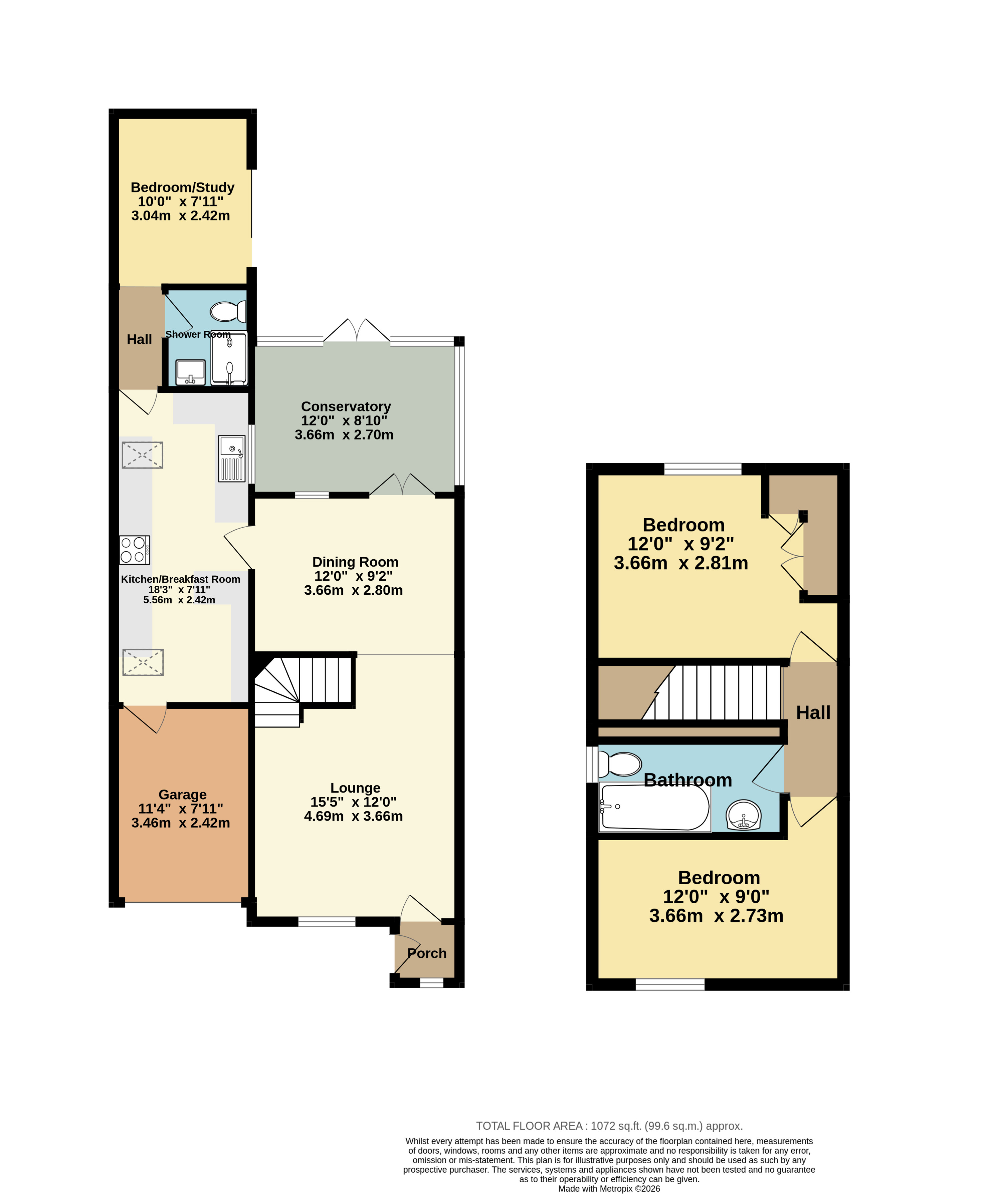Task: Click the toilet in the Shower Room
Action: (228, 311)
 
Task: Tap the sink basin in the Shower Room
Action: (190, 372)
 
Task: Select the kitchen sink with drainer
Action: (232, 459)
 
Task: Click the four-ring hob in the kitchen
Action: (135, 550)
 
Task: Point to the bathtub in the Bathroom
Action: (654, 807)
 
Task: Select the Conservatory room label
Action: (346, 407)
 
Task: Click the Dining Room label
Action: (356, 562)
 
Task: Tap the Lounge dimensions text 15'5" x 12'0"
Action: (353, 802)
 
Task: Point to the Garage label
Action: (183, 795)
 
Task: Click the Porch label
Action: (427, 953)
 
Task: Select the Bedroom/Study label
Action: (183, 188)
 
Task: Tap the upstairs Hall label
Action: (813, 713)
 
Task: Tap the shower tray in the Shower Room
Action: (229, 359)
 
